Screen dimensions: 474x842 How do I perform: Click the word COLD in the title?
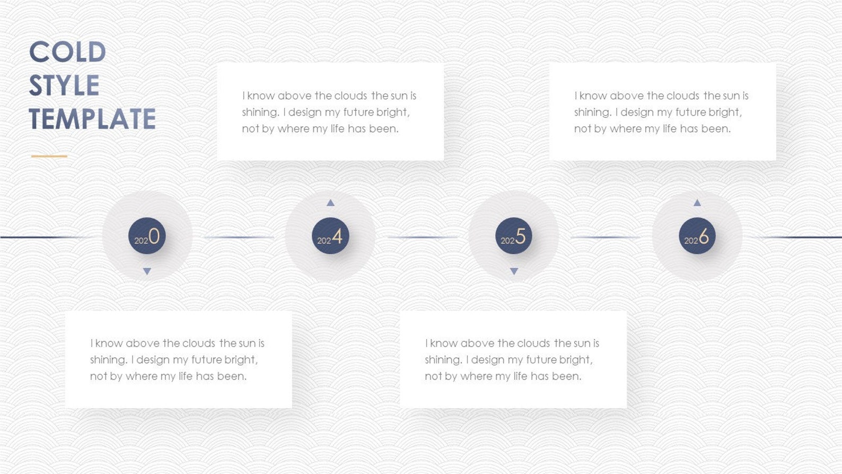point(67,52)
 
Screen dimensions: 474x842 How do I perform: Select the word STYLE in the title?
point(64,85)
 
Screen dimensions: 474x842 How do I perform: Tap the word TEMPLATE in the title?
point(92,119)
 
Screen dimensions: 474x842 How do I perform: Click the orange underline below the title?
point(49,156)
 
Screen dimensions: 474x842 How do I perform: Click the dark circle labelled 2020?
point(147,236)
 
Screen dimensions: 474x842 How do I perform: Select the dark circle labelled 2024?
point(330,236)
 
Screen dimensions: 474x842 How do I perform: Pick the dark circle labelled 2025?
point(513,236)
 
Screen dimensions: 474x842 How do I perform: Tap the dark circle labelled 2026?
point(697,236)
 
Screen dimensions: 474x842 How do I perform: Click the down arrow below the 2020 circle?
point(147,271)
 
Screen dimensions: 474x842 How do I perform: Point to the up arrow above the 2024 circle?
point(330,202)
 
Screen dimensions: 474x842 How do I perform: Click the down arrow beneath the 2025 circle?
point(513,271)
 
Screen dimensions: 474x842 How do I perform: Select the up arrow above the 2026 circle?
point(697,202)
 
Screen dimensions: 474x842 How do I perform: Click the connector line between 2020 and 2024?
point(239,237)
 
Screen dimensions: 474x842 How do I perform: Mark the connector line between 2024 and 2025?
point(422,237)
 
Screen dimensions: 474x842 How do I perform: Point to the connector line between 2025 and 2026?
point(605,237)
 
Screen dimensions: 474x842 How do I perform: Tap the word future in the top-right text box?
point(692,113)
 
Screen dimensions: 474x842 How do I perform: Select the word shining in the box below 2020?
point(108,360)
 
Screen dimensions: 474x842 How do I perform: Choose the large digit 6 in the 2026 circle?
point(704,236)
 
